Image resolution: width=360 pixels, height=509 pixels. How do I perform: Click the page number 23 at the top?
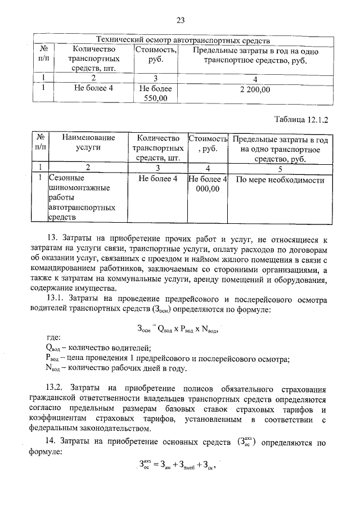point(181,21)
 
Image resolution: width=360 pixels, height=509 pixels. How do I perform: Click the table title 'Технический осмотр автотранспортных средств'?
point(183,40)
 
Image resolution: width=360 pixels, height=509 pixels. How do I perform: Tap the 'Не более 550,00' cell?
point(154,93)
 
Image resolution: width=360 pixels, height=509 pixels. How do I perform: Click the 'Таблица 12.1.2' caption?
point(301,119)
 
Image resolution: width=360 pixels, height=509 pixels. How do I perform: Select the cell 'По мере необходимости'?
point(280,180)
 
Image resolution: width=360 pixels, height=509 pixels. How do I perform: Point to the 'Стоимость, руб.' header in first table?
point(155,55)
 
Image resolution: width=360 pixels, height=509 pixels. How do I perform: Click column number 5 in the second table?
point(279,167)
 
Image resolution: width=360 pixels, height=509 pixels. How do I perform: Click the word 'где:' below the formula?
point(53,337)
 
